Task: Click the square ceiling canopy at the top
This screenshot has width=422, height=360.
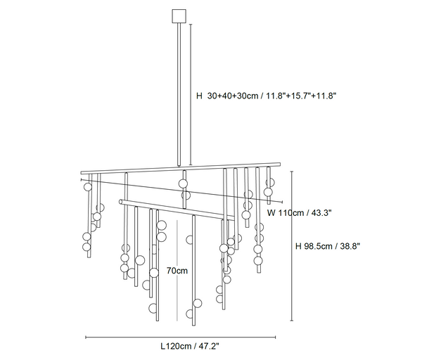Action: click(x=179, y=16)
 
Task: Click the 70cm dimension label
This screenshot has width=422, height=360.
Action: click(x=177, y=271)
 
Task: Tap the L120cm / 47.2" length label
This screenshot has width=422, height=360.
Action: click(x=190, y=346)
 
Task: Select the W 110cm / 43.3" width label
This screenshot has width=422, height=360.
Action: click(x=300, y=213)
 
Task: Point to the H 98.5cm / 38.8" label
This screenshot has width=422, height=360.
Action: click(x=328, y=246)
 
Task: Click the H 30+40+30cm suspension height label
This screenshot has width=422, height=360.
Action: click(x=266, y=96)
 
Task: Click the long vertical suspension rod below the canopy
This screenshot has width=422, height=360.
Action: click(x=179, y=95)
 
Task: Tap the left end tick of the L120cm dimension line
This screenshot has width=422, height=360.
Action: click(x=86, y=337)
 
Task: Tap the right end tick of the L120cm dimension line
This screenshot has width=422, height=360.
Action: click(x=275, y=337)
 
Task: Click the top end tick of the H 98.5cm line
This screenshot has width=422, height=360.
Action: click(x=292, y=172)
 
